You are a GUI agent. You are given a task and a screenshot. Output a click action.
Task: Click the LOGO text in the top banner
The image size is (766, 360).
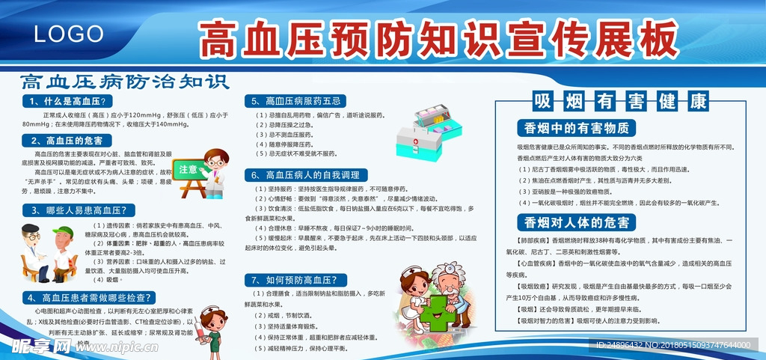(69, 34)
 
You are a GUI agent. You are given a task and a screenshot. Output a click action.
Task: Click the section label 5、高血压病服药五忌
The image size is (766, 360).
(297, 100)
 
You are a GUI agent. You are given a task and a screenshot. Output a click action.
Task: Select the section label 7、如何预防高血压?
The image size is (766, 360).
(298, 280)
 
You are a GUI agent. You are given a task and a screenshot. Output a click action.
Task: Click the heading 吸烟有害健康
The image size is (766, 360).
(619, 101)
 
